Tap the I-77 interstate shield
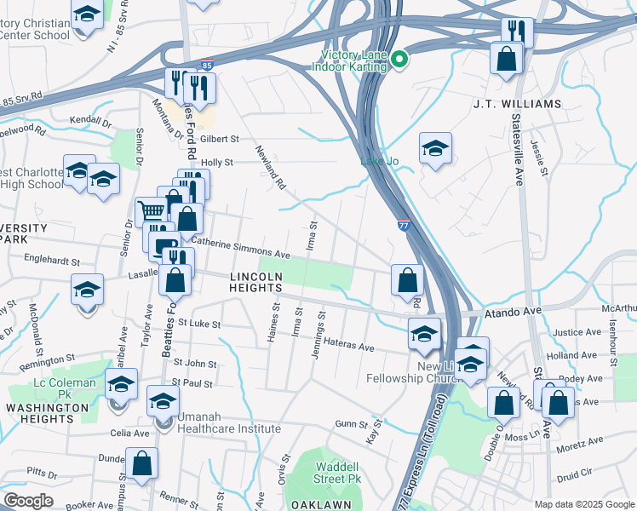[402, 223]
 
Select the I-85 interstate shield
[207, 65]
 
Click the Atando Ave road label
[514, 313]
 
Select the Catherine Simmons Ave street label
[242, 248]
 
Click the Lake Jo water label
[378, 160]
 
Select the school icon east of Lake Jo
[435, 148]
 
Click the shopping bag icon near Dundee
[142, 464]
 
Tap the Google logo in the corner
[28, 500]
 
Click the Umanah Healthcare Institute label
[228, 423]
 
